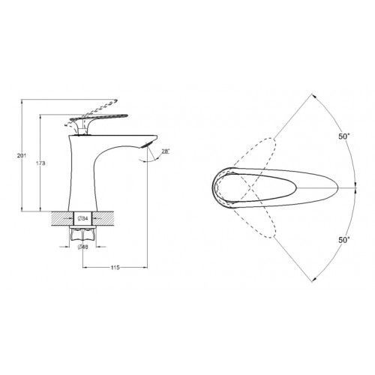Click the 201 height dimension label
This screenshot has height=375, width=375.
pyautogui.click(x=22, y=155)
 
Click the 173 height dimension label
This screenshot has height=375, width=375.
pyautogui.click(x=40, y=163)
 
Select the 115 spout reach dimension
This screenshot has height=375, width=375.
pyautogui.click(x=115, y=268)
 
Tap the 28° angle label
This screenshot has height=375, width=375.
pyautogui.click(x=165, y=151)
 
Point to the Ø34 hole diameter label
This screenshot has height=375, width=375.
pyautogui.click(x=82, y=218)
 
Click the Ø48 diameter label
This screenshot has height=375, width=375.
pyautogui.click(x=82, y=247)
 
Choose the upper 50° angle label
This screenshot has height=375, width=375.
pyautogui.click(x=344, y=136)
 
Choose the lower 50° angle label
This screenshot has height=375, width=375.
pyautogui.click(x=344, y=240)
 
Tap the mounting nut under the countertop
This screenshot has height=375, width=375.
pyautogui.click(x=82, y=233)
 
